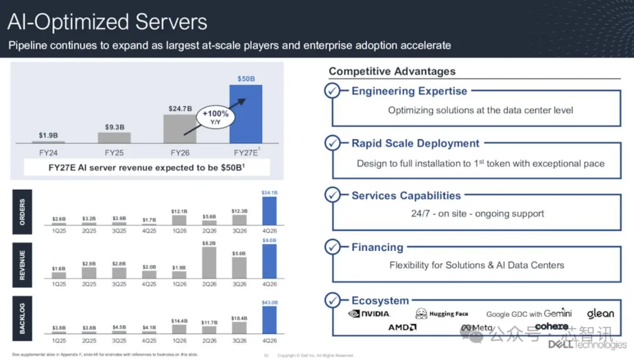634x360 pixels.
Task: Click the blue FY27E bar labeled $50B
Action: (x=245, y=114)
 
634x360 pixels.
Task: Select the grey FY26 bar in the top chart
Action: (x=180, y=129)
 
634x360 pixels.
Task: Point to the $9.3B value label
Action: (x=114, y=126)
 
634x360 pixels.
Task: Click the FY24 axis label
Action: (x=48, y=153)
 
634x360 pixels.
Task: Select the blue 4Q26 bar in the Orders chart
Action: (x=269, y=211)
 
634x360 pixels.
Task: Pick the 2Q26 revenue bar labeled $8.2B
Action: (x=209, y=262)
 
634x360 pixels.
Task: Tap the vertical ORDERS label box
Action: (x=23, y=211)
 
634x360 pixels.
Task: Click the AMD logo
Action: (x=402, y=327)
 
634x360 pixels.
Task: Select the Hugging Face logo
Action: (x=442, y=314)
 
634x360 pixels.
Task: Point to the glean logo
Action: (x=600, y=314)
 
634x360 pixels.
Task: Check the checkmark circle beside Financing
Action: (x=333, y=247)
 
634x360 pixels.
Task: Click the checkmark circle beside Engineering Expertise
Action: (x=333, y=91)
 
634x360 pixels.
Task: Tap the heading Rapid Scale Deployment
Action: (x=415, y=143)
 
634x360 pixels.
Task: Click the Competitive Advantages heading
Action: (x=392, y=71)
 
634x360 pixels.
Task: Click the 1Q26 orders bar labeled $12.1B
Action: (x=180, y=220)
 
